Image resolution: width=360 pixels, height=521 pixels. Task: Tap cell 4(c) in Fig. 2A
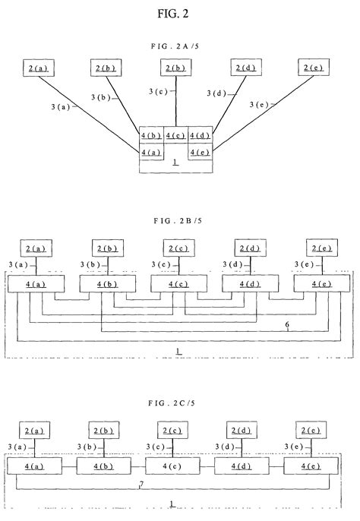tap(175, 136)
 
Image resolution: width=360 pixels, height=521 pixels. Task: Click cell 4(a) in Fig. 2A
tap(152, 152)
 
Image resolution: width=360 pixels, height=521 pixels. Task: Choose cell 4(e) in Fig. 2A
tap(200, 152)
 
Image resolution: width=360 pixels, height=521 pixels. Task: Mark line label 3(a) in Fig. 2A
tap(59, 107)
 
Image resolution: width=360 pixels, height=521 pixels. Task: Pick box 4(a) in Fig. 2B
tap(34, 284)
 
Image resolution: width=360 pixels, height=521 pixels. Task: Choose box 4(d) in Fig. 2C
tap(237, 465)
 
